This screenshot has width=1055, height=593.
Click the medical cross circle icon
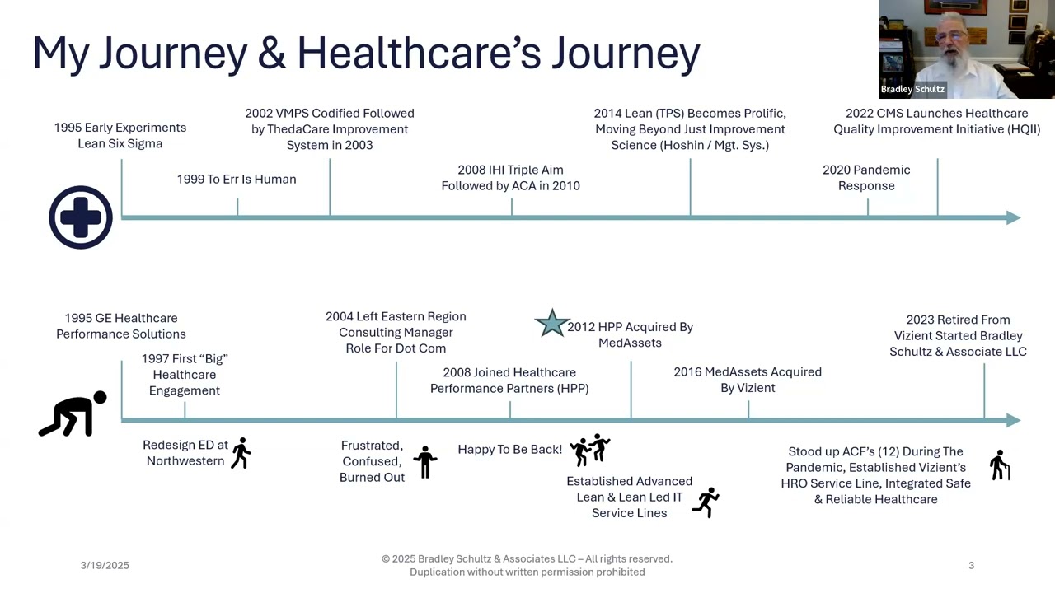81,217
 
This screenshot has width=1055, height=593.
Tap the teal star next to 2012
552,324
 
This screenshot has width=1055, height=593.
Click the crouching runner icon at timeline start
73,413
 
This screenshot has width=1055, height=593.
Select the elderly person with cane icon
1000,465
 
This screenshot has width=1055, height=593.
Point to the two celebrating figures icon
589,450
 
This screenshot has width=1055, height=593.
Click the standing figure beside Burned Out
424,462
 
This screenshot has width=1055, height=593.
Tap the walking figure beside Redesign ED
241,453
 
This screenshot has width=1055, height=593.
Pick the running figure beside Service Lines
706,502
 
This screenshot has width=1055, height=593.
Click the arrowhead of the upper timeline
1014,217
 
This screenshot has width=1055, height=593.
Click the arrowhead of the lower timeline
1014,420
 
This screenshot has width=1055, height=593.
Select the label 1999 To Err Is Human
237,180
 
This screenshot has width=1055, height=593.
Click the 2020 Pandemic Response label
866,177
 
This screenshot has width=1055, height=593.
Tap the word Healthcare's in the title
420,53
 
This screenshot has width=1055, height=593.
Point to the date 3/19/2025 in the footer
105,565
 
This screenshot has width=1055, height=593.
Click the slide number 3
971,565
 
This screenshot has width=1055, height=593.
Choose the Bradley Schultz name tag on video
912,89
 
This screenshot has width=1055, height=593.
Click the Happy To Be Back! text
510,450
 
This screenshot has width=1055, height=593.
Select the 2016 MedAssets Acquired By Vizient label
748,380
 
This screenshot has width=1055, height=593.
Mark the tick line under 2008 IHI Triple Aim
512,207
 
